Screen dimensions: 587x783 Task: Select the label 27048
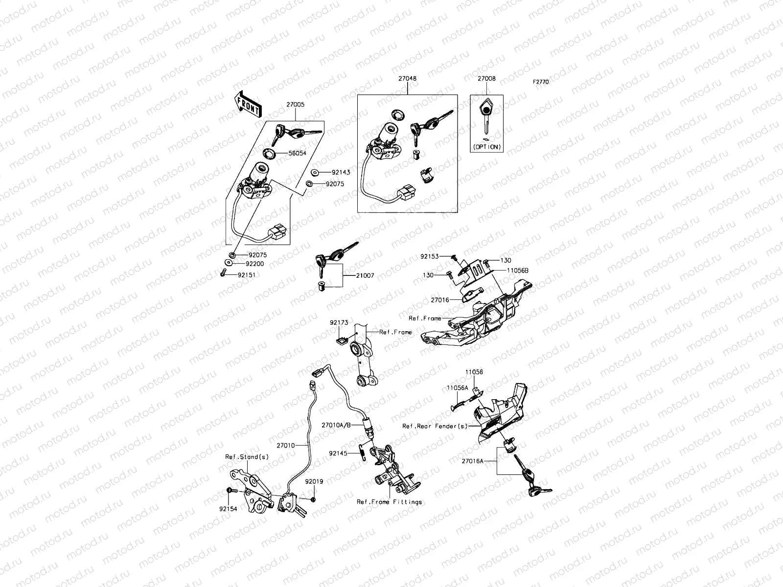[x=407, y=78]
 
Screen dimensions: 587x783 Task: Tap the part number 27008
[x=487, y=78]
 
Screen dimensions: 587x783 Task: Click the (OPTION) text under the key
[x=487, y=147]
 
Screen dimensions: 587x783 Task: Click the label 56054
[x=298, y=153]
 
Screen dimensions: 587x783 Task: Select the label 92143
[x=341, y=173]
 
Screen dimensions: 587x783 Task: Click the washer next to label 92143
[x=314, y=172]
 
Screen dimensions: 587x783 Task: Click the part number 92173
[x=339, y=323]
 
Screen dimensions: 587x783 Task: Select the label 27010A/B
[x=336, y=425]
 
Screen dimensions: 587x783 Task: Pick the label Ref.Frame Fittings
[x=389, y=502]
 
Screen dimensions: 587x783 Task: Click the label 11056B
[x=517, y=270]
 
